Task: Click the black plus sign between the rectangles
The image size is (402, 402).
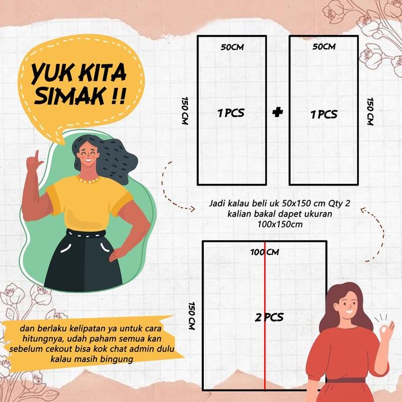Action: tap(279, 113)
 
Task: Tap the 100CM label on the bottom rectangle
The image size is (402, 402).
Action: tap(265, 252)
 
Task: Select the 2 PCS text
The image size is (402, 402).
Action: tap(269, 316)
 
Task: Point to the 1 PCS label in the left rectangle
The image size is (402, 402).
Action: tap(231, 113)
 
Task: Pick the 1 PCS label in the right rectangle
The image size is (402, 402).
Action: tap(324, 114)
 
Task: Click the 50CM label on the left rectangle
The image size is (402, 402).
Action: tap(233, 47)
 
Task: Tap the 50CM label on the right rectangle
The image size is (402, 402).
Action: tap(324, 47)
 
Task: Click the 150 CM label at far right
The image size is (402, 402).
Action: tap(370, 111)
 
